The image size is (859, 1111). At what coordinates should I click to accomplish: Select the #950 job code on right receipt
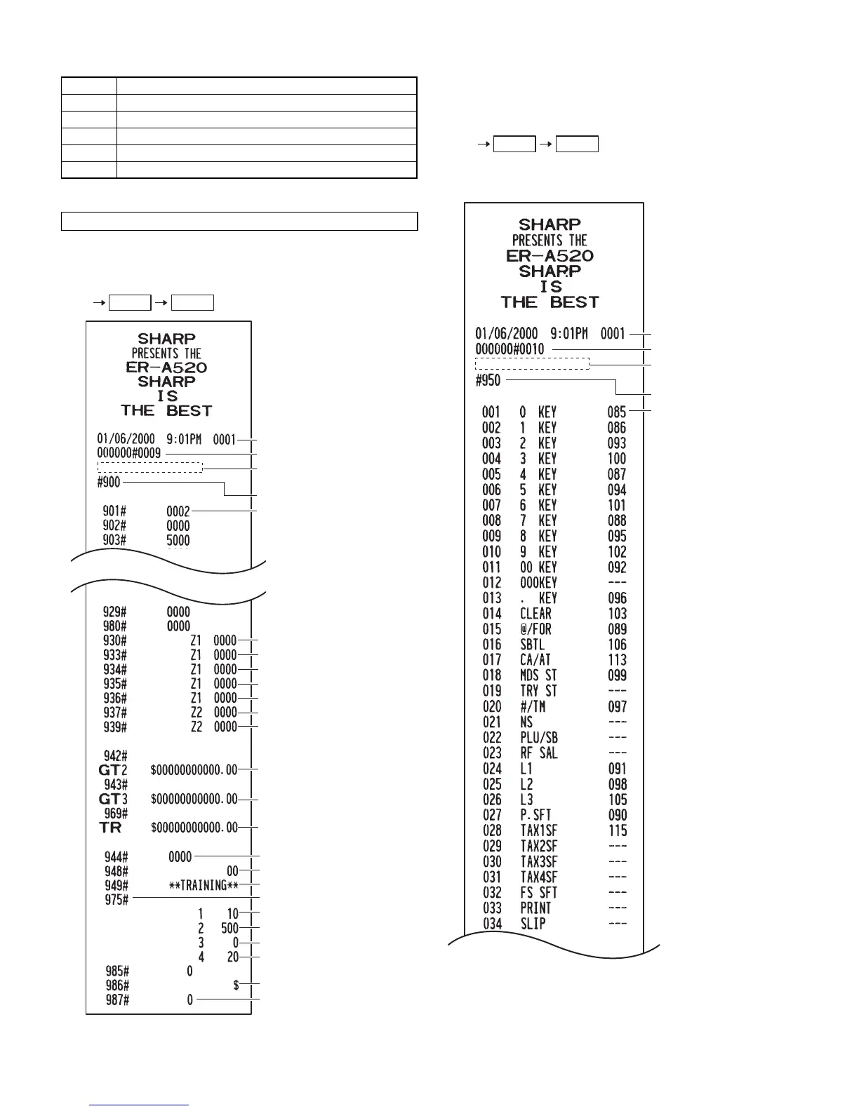488,381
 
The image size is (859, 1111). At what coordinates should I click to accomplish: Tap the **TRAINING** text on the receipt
204,885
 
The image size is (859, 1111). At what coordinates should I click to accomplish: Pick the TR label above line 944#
110,828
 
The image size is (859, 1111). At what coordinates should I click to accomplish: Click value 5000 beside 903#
178,540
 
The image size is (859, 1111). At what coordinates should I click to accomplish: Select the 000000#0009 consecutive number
128,454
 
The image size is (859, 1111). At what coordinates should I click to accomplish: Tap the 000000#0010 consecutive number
510,349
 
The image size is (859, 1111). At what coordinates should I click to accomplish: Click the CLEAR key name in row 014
535,614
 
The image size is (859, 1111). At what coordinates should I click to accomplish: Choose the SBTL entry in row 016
532,645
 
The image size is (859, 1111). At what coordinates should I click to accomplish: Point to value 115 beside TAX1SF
618,831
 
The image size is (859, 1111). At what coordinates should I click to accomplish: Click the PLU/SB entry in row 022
539,738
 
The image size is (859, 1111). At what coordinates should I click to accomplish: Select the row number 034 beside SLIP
492,924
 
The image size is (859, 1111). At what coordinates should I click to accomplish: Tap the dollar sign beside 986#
236,985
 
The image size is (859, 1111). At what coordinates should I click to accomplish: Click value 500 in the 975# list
229,928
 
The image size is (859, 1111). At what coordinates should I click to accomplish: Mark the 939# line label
115,727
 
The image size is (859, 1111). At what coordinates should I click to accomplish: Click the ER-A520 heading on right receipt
550,256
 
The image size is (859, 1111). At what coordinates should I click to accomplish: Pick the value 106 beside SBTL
618,645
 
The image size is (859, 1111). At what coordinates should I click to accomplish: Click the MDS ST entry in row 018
538,675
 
